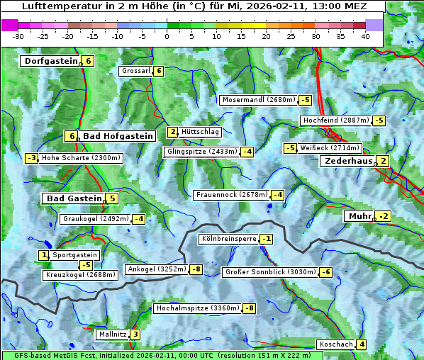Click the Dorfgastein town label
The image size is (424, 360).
(x=50, y=61)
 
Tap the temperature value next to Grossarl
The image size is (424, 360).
(x=160, y=71)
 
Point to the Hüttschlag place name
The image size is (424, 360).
(x=201, y=132)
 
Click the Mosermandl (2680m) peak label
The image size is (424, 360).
(x=258, y=100)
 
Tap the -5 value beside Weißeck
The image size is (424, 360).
(x=290, y=148)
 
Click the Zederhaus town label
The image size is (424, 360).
(x=347, y=161)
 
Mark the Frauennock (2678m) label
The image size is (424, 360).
(x=231, y=195)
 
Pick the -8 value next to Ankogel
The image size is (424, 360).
(x=196, y=269)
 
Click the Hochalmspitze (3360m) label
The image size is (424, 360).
(x=197, y=308)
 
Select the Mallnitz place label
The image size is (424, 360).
(x=112, y=334)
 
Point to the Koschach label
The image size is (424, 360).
(x=336, y=344)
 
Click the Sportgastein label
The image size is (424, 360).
(x=75, y=255)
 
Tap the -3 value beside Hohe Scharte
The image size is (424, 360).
(x=31, y=158)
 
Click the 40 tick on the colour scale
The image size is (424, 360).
(x=366, y=36)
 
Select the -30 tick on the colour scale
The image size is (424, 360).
(x=19, y=36)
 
